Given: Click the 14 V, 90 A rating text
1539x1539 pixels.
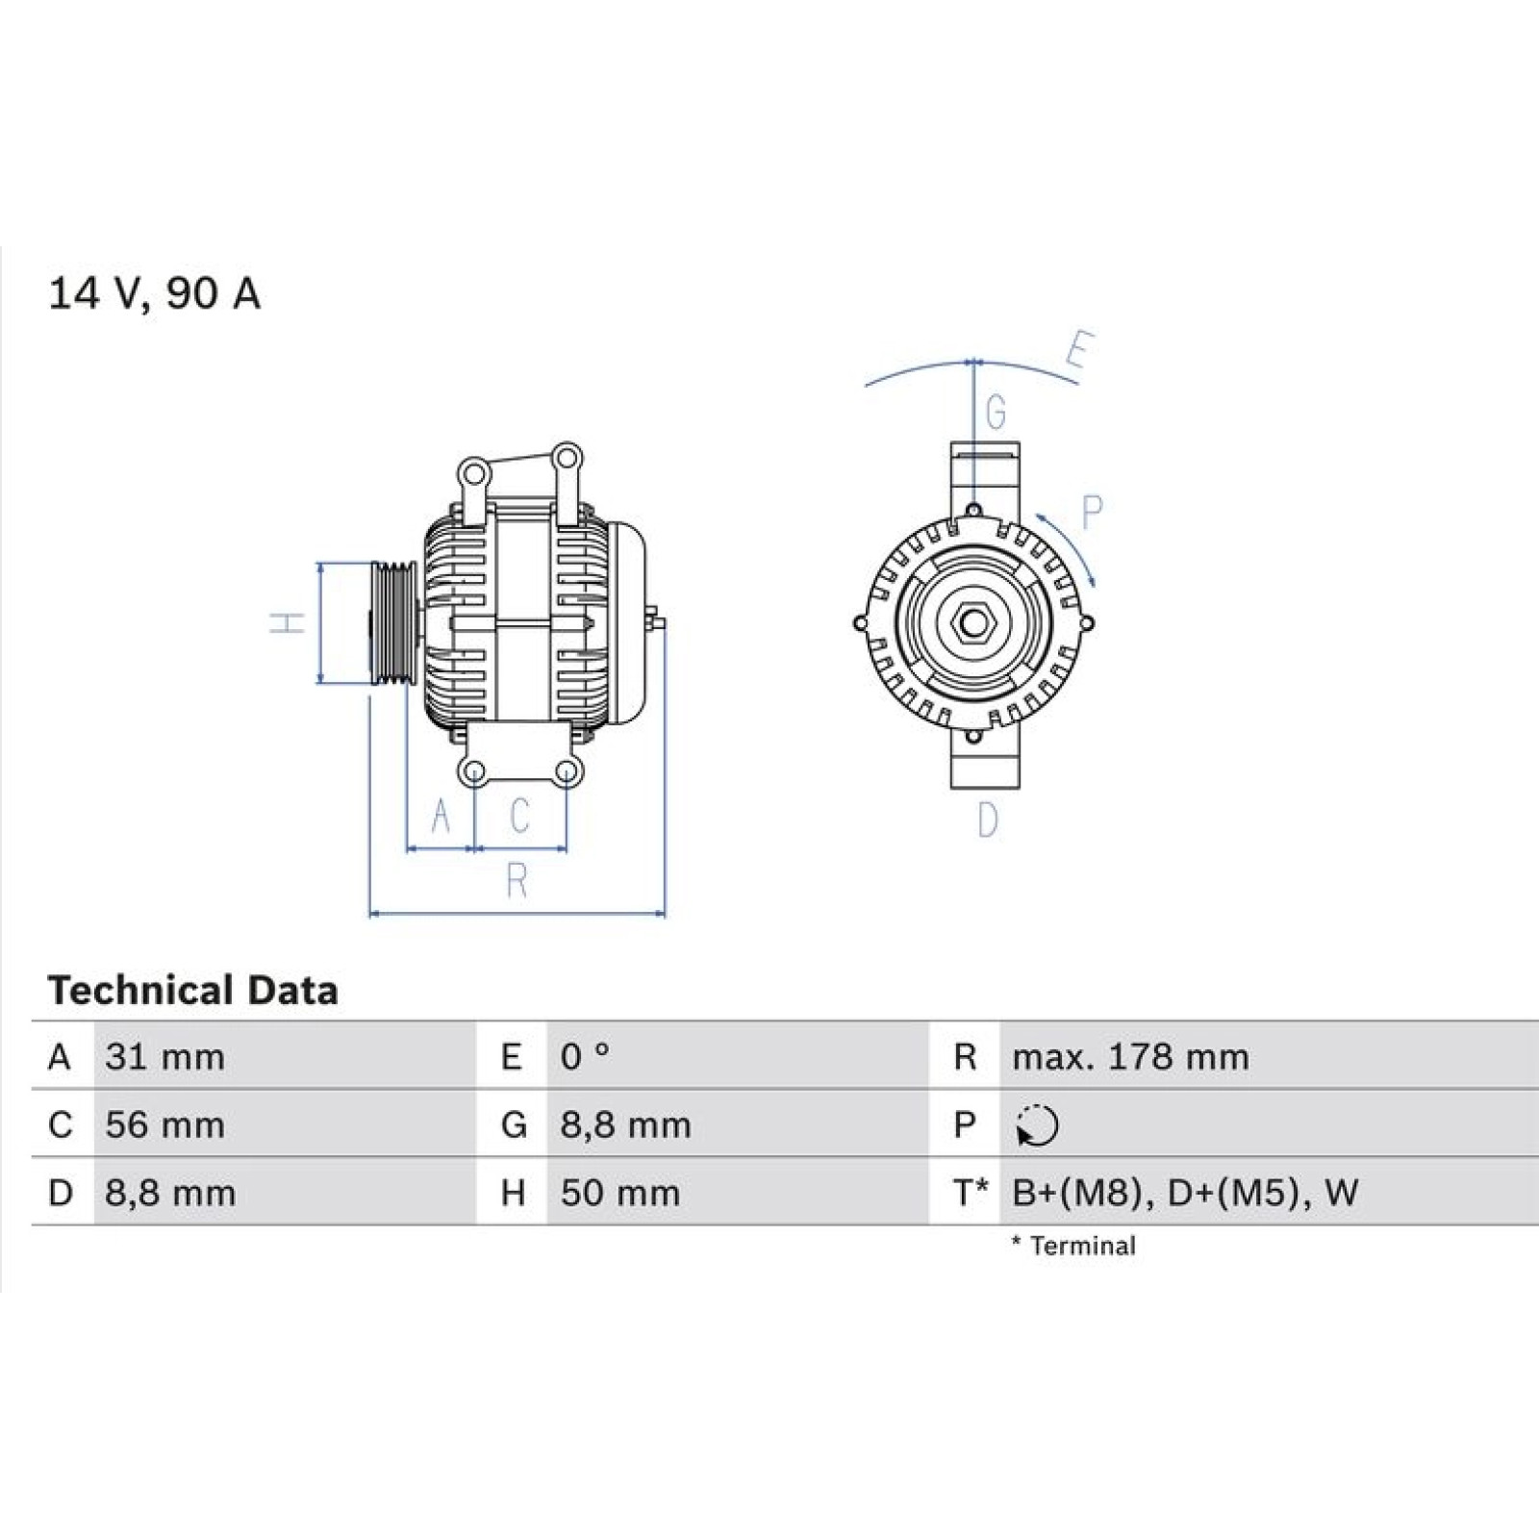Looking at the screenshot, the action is [x=154, y=293].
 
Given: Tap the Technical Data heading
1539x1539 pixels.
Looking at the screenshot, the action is [x=192, y=991].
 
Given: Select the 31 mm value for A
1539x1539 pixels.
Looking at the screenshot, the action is [x=164, y=1057].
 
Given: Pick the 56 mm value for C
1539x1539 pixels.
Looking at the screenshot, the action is [x=164, y=1125].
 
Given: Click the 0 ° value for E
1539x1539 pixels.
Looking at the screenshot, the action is [x=585, y=1057].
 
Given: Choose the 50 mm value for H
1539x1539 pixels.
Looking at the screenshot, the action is [x=620, y=1194].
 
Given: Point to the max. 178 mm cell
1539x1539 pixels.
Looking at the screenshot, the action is [x=1130, y=1057].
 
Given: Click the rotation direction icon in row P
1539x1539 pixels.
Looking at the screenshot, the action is [x=1037, y=1125].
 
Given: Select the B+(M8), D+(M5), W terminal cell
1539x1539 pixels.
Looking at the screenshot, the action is [x=1185, y=1194].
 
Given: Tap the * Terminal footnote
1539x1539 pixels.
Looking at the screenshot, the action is [x=1073, y=1247].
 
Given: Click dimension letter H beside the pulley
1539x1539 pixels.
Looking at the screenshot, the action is [x=288, y=622].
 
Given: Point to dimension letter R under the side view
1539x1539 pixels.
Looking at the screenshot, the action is [x=517, y=880].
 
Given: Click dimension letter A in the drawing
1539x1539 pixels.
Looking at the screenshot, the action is [x=441, y=816].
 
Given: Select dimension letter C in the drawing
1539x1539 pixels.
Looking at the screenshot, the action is [x=519, y=816].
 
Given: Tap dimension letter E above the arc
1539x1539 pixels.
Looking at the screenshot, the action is [x=1079, y=350].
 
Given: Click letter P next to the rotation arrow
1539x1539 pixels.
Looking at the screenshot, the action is [x=1091, y=513].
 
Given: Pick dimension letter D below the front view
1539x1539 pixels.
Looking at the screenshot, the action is [x=988, y=820].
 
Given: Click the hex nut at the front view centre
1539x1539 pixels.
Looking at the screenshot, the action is [x=973, y=623].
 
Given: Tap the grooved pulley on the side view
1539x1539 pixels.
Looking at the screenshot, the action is [x=392, y=623].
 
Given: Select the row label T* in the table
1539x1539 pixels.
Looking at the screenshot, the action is [x=971, y=1193].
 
